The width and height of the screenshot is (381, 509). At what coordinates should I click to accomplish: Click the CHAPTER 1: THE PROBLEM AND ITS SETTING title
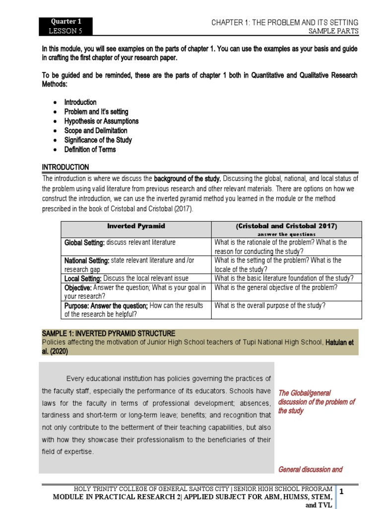pos(285,22)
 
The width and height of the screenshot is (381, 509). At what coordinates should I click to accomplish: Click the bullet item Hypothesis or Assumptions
pos(101,121)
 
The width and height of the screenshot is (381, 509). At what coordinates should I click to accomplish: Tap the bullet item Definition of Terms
pos(90,149)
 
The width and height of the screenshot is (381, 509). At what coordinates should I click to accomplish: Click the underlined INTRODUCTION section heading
pos(65,167)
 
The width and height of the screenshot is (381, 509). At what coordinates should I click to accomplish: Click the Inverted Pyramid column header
pos(136,226)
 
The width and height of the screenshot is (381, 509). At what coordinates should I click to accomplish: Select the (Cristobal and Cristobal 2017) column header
pos(286,226)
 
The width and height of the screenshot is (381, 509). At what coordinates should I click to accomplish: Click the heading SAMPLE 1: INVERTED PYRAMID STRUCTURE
pos(108,333)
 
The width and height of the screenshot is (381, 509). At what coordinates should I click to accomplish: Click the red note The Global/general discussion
pos(317,402)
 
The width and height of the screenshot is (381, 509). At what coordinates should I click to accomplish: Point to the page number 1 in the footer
pos(341,492)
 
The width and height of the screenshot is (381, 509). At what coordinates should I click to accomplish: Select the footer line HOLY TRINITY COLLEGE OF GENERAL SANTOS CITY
pos(202,490)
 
